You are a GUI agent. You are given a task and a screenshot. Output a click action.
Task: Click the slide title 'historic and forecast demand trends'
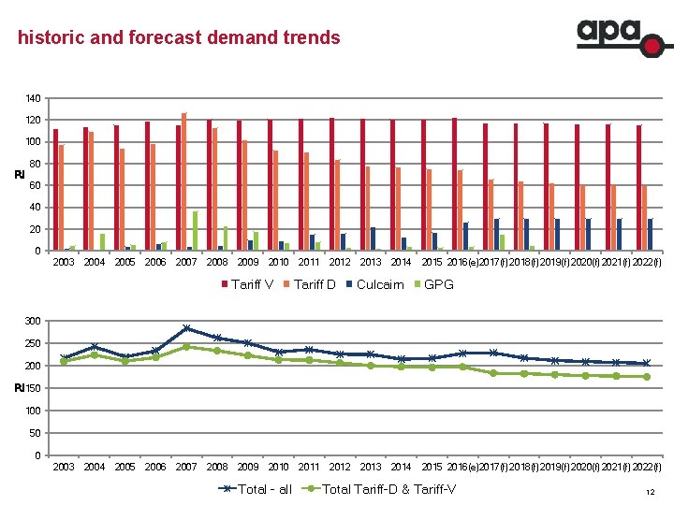click(179, 38)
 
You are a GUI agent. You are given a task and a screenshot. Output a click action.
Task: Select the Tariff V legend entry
click(247, 284)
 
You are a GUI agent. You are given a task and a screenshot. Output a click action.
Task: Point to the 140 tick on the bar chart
click(33, 98)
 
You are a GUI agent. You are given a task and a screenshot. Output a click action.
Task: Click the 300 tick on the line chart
click(33, 322)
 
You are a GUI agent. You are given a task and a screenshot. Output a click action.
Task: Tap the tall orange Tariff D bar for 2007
click(184, 181)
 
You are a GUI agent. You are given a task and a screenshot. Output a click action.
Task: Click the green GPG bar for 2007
click(196, 231)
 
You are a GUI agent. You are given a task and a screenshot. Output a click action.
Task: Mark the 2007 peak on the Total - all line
click(186, 328)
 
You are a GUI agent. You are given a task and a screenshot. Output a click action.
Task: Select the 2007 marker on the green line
click(186, 346)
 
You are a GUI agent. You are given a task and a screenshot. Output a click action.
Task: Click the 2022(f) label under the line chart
click(646, 467)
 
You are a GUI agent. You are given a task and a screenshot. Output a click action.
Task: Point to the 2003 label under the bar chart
click(64, 263)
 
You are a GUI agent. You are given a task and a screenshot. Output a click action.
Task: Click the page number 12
click(650, 492)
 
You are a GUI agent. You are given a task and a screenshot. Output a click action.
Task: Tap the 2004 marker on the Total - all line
click(95, 347)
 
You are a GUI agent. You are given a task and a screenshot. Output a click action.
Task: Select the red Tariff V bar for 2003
click(56, 190)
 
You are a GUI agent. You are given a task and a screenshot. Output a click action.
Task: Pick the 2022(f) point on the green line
click(646, 377)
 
